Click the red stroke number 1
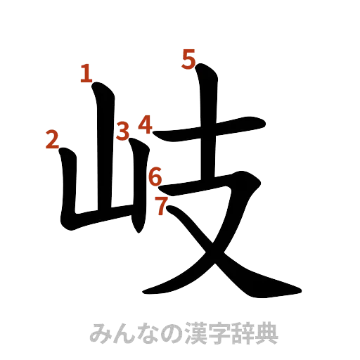click(86, 73)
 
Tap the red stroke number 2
click(52, 140)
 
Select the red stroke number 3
click(123, 130)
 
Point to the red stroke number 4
click(145, 124)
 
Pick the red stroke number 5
click(188, 59)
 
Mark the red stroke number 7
click(162, 205)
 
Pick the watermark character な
click(147, 333)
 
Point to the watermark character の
click(171, 333)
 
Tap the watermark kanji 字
click(219, 333)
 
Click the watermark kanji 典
click(266, 333)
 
